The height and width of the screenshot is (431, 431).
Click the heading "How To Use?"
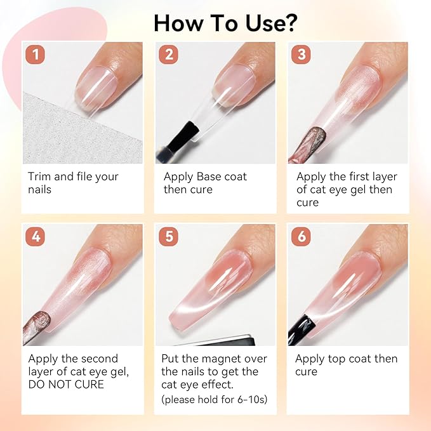click(x=225, y=23)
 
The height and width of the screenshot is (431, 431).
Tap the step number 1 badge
click(x=35, y=55)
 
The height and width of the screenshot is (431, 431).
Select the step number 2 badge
click(x=168, y=55)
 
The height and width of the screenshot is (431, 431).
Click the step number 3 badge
click(x=302, y=55)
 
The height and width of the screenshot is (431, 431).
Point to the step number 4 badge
click(x=35, y=236)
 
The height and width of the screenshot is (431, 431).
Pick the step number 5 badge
click(x=168, y=236)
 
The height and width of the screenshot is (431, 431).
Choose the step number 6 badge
click(x=302, y=236)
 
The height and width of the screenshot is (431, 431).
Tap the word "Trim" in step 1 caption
click(x=39, y=176)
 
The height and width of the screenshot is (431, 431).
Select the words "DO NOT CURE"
click(x=66, y=384)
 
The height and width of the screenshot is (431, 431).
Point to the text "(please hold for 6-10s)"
click(x=215, y=399)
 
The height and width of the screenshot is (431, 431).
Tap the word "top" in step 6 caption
click(x=336, y=359)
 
